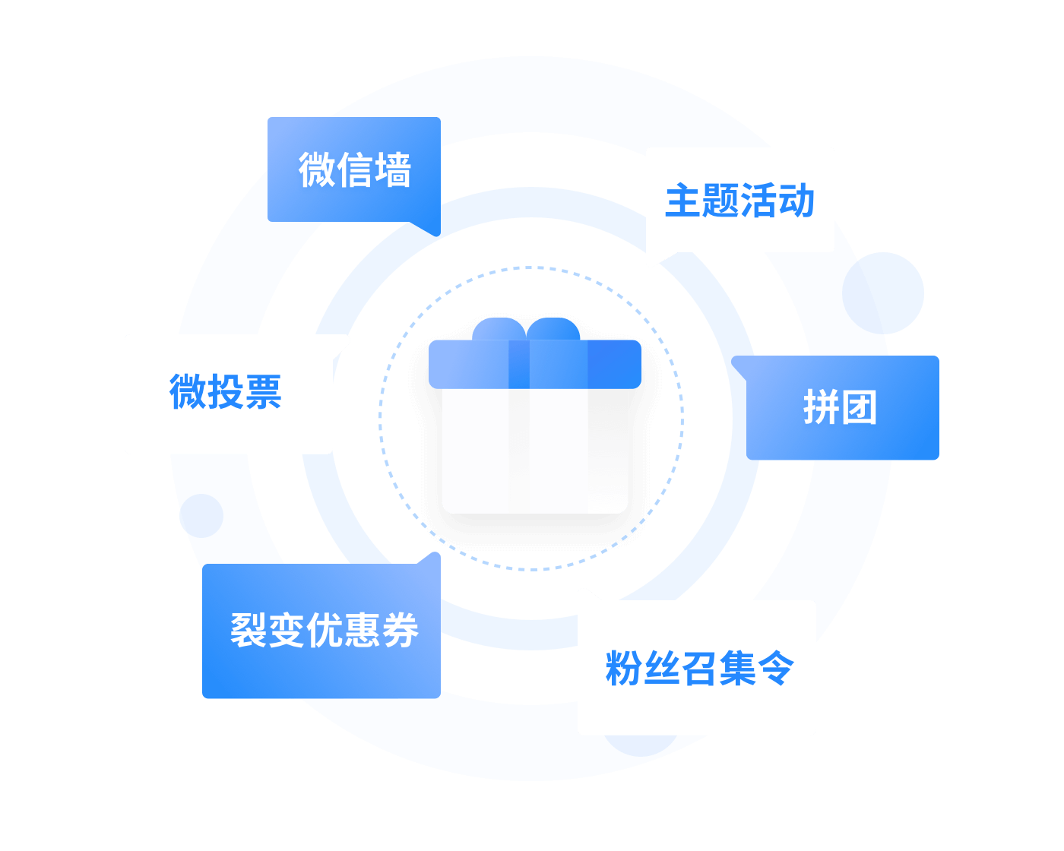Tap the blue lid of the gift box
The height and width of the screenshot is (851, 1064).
point(535,364)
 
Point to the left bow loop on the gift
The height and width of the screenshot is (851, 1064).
point(499,330)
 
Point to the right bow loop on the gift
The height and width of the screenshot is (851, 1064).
point(554,330)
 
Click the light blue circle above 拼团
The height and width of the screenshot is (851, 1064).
point(883,293)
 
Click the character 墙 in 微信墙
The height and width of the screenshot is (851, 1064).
point(392,169)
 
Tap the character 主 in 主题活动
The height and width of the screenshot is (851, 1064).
point(683,201)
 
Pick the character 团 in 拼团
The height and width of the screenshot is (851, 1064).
point(859,408)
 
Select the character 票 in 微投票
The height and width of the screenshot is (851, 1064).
point(263,392)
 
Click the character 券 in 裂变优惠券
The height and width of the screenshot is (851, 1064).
point(400,630)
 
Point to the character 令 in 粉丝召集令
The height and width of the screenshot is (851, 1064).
point(775,669)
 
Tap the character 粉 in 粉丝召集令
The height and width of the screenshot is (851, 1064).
point(624,669)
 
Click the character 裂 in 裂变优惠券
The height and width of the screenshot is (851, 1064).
point(249,630)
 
